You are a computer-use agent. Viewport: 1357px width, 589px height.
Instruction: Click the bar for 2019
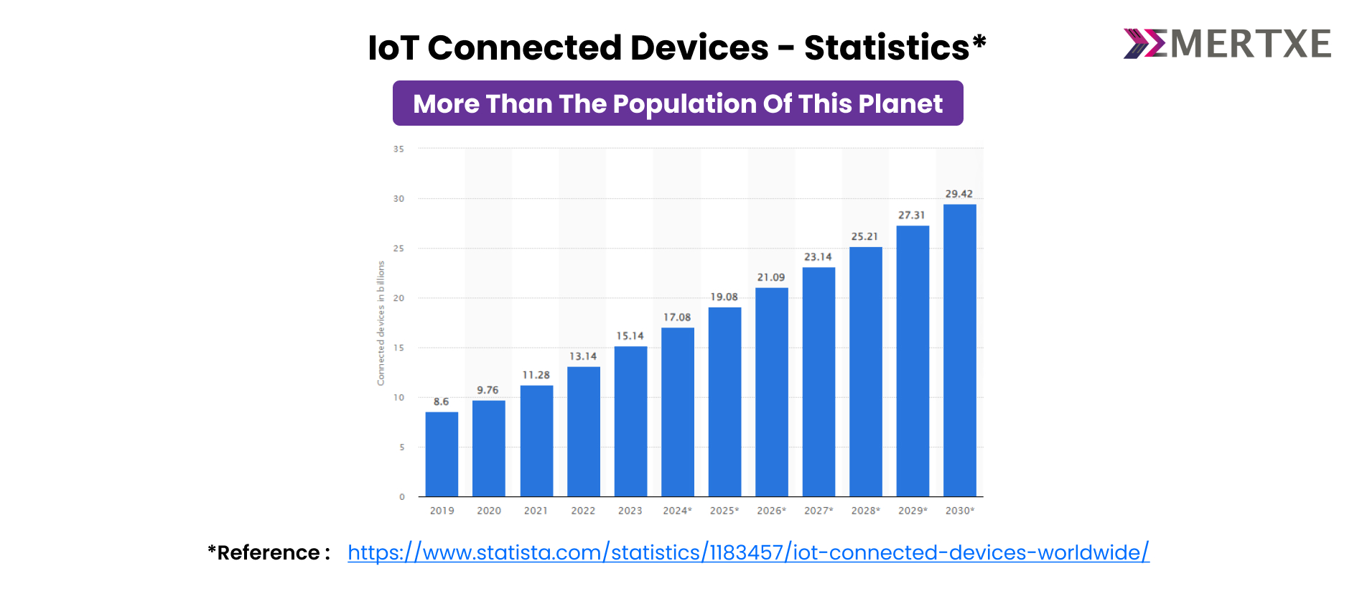[442, 454]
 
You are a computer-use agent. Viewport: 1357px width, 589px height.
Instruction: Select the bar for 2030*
[959, 351]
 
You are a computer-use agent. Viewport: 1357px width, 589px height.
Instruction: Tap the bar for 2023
[630, 422]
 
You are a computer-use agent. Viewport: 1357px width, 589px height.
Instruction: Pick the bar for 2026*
[771, 392]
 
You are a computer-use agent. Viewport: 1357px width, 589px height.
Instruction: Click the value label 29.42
[959, 194]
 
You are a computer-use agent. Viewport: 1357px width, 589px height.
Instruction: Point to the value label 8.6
[441, 402]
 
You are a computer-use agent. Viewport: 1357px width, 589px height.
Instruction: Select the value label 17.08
[676, 317]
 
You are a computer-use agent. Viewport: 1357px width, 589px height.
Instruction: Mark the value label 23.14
[818, 256]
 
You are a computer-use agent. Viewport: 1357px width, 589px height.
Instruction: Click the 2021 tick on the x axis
[536, 511]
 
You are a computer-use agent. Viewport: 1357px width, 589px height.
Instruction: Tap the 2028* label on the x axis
[865, 511]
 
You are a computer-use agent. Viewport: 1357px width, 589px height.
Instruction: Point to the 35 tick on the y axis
[398, 149]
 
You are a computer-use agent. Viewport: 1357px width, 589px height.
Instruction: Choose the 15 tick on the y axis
[398, 348]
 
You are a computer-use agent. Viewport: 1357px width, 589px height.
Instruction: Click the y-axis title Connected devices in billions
[381, 323]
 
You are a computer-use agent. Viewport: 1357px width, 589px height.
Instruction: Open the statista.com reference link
[748, 552]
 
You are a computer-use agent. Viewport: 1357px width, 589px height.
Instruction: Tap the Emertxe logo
[1227, 44]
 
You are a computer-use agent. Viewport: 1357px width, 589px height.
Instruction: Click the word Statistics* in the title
[895, 48]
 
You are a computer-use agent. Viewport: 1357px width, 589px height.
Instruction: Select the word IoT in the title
[393, 48]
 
